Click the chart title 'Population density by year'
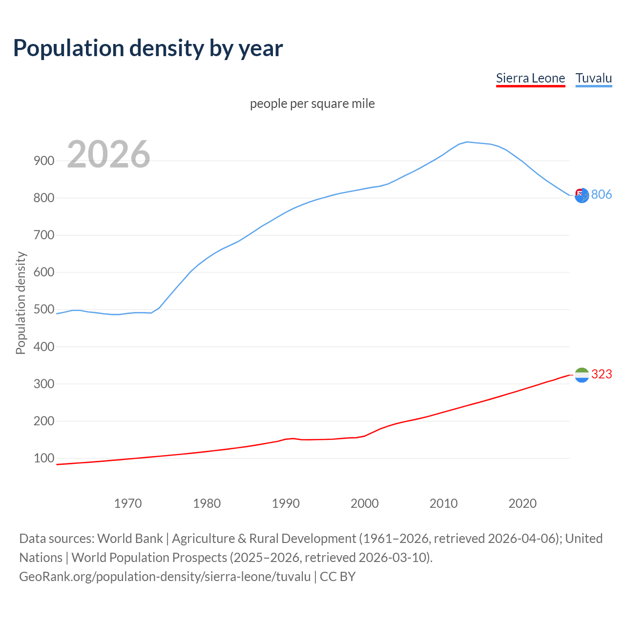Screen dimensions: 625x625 pos(148,48)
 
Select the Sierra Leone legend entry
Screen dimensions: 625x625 pos(530,78)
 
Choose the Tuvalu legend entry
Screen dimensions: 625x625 pos(593,78)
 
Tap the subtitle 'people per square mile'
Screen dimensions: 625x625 pos(312,104)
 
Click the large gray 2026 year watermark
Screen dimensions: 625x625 pos(108,154)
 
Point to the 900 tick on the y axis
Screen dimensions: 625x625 pos(44,161)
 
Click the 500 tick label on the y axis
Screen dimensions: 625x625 pos(44,310)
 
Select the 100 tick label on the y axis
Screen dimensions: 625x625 pos(44,458)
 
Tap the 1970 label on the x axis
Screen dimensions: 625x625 pos(128,503)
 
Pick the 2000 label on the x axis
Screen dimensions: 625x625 pos(365,503)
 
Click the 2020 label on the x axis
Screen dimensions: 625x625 pos(522,503)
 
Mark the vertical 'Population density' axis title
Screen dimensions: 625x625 pos(21,303)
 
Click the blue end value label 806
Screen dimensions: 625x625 pos(602,194)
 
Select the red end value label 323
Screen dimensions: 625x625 pos(602,374)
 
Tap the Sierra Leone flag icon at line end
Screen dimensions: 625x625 pos(582,375)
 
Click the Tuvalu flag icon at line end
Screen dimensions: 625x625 pos(582,196)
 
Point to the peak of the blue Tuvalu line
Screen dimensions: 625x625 pos(467,142)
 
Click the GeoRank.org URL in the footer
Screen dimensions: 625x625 pos(165,577)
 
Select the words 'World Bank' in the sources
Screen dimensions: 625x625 pos(130,539)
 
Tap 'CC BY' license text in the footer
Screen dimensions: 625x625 pos(337,577)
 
